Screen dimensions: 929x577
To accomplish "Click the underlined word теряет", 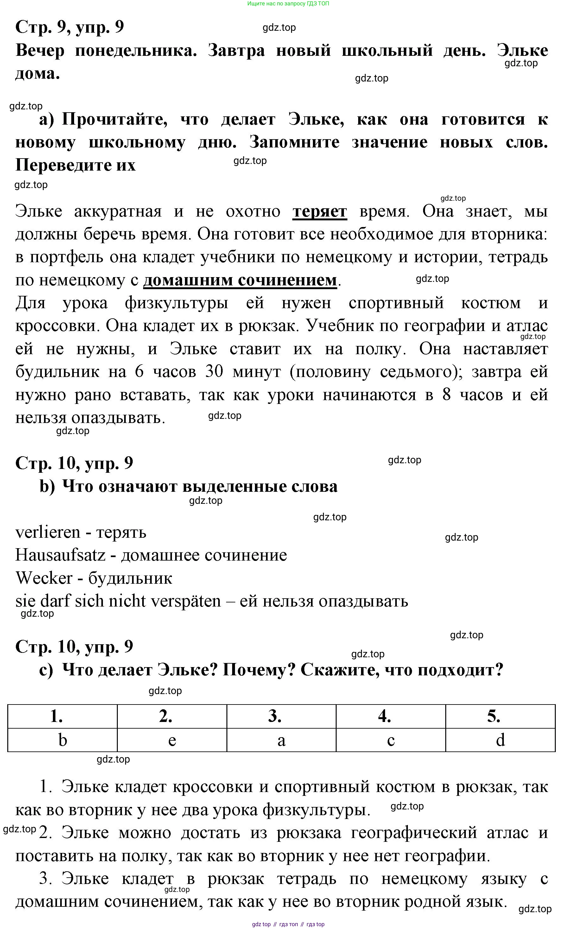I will (x=320, y=211).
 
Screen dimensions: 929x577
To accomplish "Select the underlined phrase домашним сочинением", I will (x=240, y=280).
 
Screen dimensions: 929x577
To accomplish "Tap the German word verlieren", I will (x=48, y=532).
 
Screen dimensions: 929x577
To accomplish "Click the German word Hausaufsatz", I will (x=60, y=555).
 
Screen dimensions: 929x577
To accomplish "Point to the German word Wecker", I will (x=44, y=578).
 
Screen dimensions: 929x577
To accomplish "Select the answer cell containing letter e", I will (x=172, y=740).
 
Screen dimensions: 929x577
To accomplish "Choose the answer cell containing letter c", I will (x=391, y=740).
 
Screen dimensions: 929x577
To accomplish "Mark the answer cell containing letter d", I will (x=500, y=740).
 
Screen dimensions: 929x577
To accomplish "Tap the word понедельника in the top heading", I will (x=136, y=51).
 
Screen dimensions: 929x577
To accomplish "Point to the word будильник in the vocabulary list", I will (x=130, y=578).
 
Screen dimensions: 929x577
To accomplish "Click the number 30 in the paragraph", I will (x=214, y=371).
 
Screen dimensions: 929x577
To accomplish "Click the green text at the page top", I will (x=288, y=4).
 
